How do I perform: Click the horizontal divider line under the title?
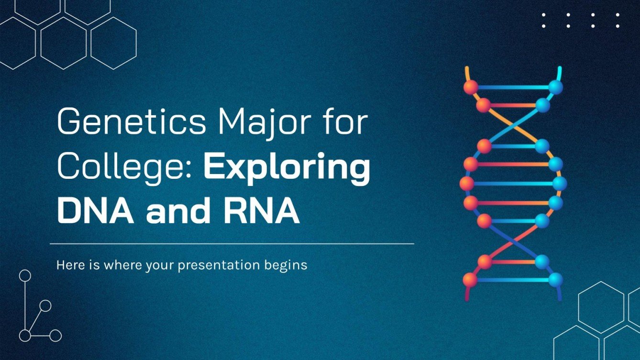tap(232, 244)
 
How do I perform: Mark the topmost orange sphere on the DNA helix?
tap(471, 87)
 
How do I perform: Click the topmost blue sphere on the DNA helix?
tap(555, 87)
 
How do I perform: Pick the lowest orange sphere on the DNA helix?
tap(470, 280)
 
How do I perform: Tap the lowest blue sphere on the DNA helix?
tap(555, 280)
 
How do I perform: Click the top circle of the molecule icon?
tap(25, 275)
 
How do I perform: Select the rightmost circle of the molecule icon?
tap(56, 336)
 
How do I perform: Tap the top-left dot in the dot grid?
tap(543, 14)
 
